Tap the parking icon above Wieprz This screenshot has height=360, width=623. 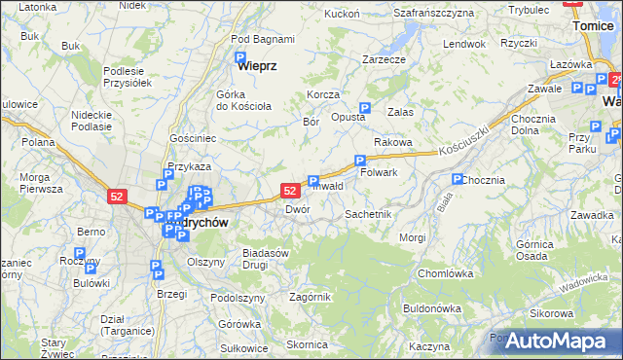[240, 58]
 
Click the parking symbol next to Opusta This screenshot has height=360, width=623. [365, 108]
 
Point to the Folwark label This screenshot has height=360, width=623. [380, 172]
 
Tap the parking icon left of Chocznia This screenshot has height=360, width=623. [457, 179]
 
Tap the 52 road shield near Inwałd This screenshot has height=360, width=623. [290, 191]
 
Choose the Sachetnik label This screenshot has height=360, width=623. [368, 213]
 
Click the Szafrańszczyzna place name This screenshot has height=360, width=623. [434, 13]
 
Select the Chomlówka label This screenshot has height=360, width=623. [445, 273]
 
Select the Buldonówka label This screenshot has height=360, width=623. [431, 308]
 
